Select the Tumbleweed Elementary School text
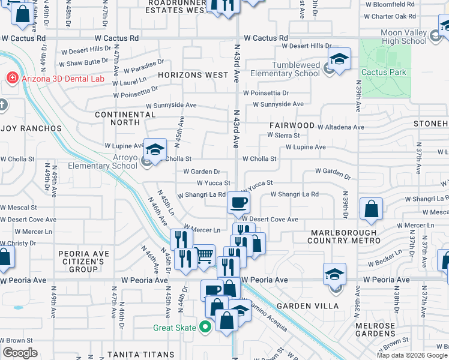(287, 69)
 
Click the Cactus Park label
(384, 72)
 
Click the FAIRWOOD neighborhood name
(292, 125)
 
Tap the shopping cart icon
(205, 255)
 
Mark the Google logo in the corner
(20, 353)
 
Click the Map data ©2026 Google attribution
(411, 355)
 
